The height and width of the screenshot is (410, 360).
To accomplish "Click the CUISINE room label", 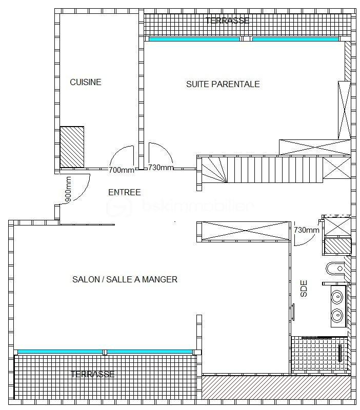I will (x=86, y=82).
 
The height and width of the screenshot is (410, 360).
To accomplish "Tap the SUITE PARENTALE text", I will (x=223, y=84).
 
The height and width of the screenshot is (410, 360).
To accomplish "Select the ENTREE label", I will (x=124, y=192).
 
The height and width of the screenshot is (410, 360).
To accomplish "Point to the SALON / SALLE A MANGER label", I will (x=125, y=279).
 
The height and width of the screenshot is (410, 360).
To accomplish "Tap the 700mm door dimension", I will (x=122, y=170).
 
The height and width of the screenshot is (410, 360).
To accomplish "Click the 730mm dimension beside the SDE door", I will (x=307, y=230).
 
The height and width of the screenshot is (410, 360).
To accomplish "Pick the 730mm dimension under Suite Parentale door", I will (x=161, y=168).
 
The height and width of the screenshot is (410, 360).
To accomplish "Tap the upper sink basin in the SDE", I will (x=337, y=297).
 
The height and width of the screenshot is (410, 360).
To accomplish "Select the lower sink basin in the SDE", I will (x=337, y=314).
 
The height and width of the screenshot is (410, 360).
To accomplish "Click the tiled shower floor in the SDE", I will (x=315, y=354).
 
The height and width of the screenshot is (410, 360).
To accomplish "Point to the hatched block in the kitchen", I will (x=72, y=147).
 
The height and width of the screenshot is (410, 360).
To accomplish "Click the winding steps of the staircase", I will (x=213, y=170).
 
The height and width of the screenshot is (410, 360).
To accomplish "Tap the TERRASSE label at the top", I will (x=227, y=21).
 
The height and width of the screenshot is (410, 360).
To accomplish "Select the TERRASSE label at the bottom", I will (x=92, y=374).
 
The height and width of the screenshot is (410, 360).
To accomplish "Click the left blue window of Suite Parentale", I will (x=194, y=39).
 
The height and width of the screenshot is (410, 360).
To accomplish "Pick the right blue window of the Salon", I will (x=149, y=352).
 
